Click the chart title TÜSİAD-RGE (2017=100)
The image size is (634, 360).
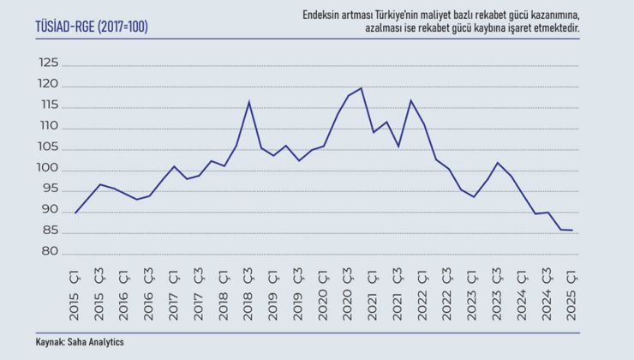click(x=92, y=27)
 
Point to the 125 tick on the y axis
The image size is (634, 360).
click(x=48, y=63)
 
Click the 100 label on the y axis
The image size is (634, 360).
click(x=48, y=170)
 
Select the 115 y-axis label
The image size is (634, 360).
click(x=49, y=105)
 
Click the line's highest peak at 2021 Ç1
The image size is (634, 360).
click(x=362, y=88)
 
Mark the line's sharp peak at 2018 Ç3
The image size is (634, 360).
click(x=249, y=102)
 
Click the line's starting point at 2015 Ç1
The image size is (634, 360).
click(x=76, y=213)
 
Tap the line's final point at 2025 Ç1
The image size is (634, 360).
click(x=572, y=230)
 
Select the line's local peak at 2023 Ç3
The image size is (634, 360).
click(x=498, y=163)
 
